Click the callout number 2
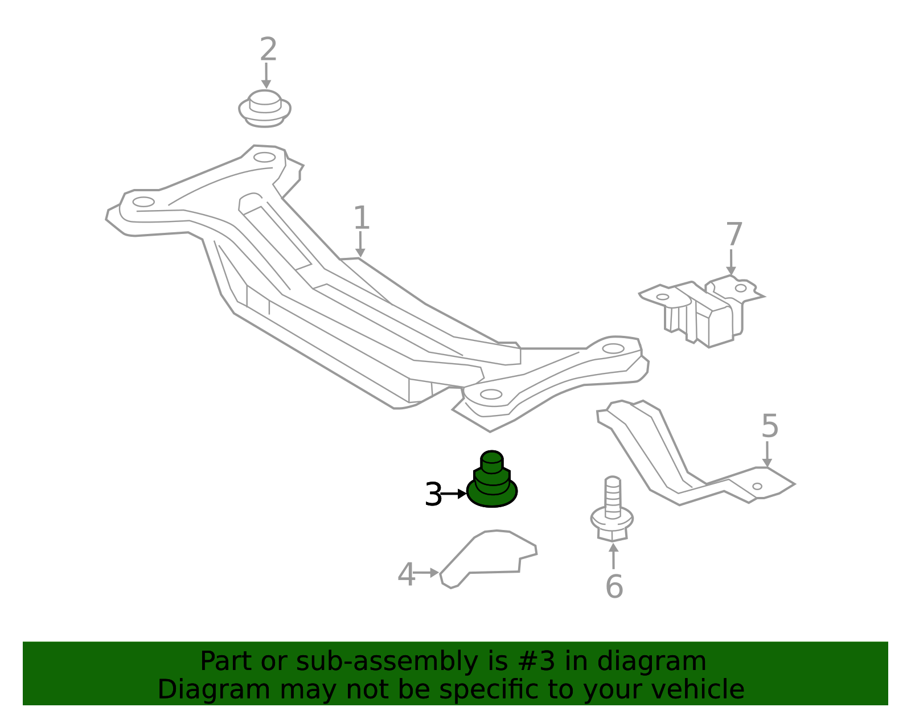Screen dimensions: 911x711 tap(268, 49)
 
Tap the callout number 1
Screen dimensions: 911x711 tap(362, 217)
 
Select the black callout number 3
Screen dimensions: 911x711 tap(433, 494)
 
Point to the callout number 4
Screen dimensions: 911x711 tap(406, 574)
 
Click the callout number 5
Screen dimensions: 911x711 tap(770, 426)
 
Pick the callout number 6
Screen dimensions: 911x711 tap(614, 586)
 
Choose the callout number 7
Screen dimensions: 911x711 tap(734, 234)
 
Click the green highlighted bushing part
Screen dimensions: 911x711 tap(492, 479)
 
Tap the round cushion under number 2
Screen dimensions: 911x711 tap(265, 109)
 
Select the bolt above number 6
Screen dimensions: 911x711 tap(612, 509)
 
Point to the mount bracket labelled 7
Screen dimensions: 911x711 tap(701, 311)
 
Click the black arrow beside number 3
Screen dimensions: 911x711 tap(454, 494)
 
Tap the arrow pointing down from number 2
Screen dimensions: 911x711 tap(266, 76)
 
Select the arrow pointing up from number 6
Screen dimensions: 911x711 tap(613, 556)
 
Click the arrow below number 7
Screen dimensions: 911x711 tap(731, 262)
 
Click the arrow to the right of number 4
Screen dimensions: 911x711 tap(425, 573)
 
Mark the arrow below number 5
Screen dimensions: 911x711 tap(767, 455)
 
